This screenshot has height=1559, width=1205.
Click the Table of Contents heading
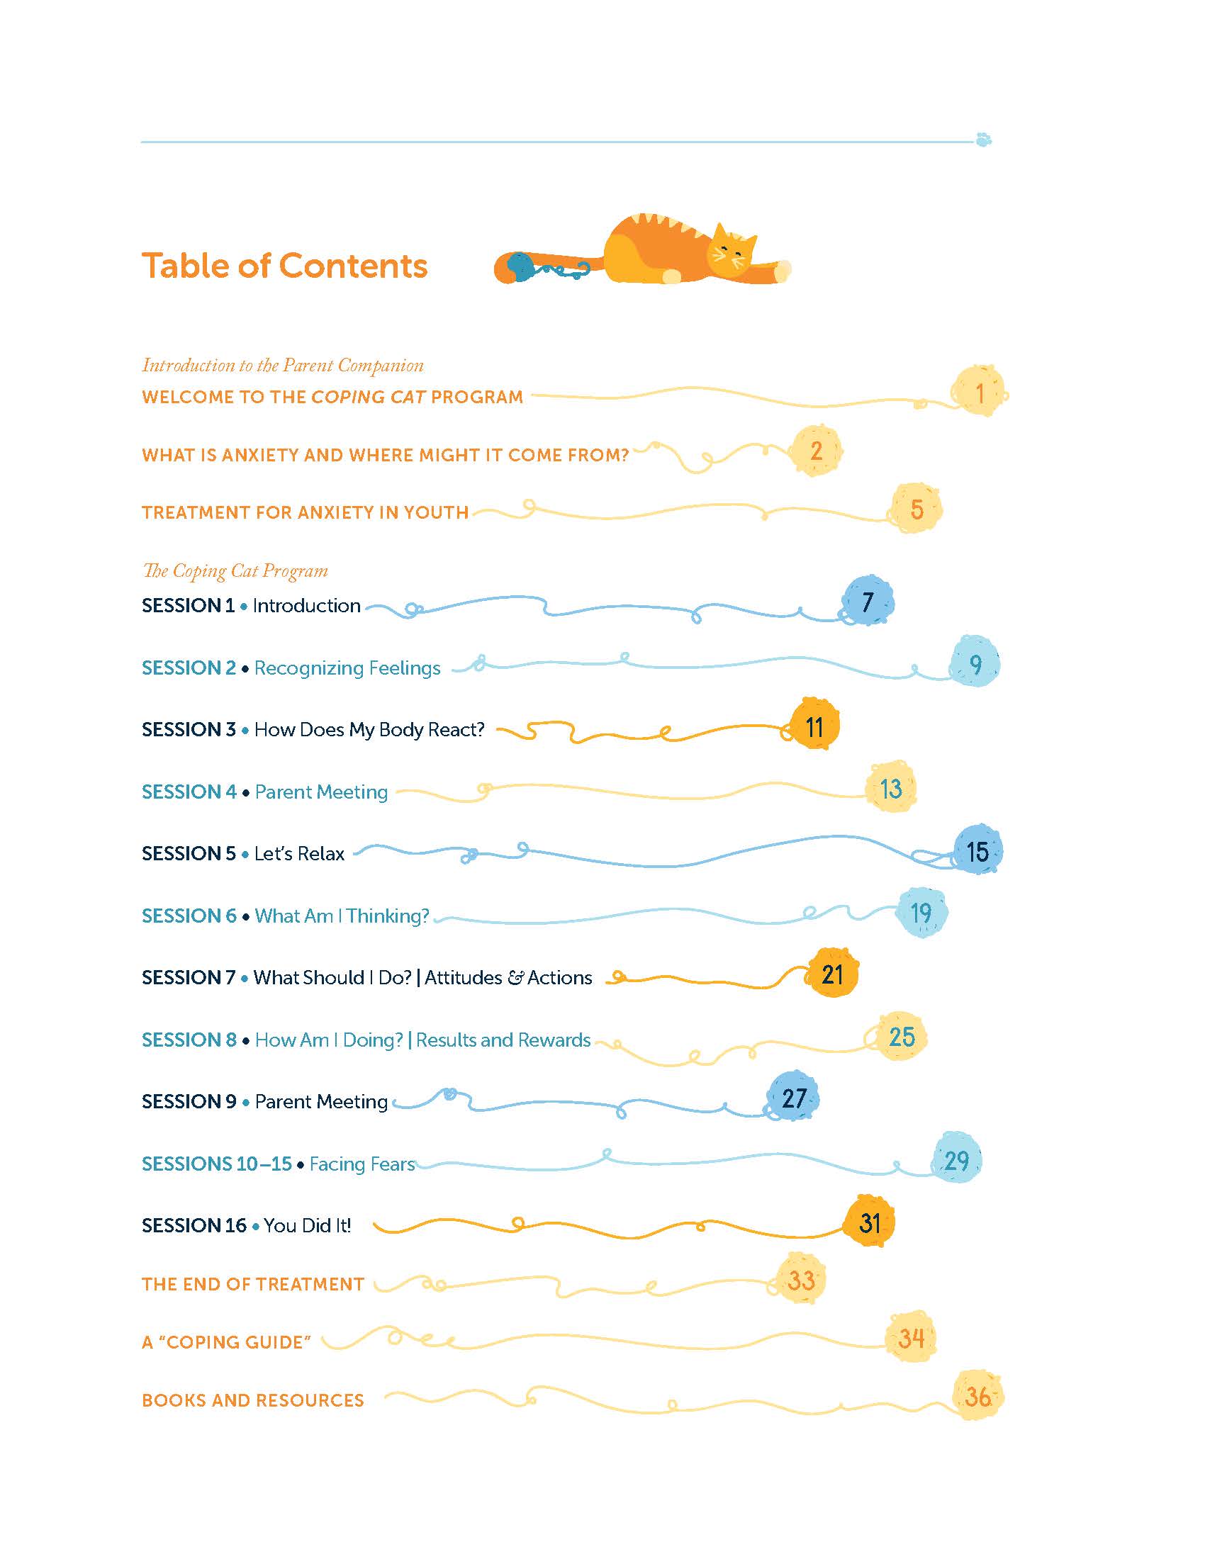pyautogui.click(x=284, y=266)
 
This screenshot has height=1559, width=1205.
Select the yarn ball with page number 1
pyautogui.click(x=979, y=392)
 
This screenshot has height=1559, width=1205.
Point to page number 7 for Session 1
pyautogui.click(x=868, y=602)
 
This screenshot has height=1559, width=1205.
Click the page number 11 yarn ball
pyautogui.click(x=814, y=726)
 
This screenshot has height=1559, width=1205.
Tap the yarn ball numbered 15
pyautogui.click(x=977, y=851)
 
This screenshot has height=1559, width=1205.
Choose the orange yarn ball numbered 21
pyautogui.click(x=832, y=974)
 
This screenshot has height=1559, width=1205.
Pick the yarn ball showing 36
pyautogui.click(x=977, y=1396)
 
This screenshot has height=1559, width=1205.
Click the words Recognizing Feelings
pyautogui.click(x=347, y=668)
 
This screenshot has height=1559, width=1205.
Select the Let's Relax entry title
pyautogui.click(x=299, y=854)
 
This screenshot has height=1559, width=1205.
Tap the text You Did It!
pyautogui.click(x=307, y=1226)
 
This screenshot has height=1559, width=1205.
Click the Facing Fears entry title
pyautogui.click(x=362, y=1164)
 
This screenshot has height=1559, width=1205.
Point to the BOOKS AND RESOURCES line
pyautogui.click(x=253, y=1400)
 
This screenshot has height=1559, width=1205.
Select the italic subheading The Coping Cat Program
pyautogui.click(x=235, y=571)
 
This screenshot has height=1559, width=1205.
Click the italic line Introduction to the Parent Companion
pyautogui.click(x=283, y=366)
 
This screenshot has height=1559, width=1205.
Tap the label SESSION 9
pyautogui.click(x=189, y=1102)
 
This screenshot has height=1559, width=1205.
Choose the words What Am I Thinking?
pyautogui.click(x=342, y=916)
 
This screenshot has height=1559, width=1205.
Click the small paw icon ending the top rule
pyautogui.click(x=984, y=139)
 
